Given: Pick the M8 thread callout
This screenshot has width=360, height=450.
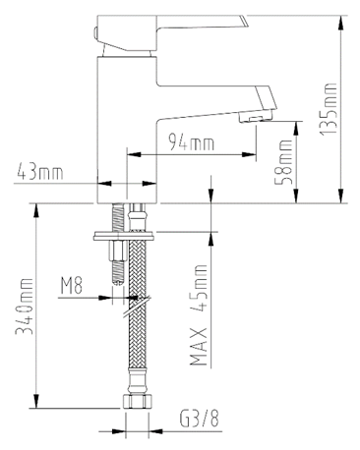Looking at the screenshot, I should [x=72, y=286].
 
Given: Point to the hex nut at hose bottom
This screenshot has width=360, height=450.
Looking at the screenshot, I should [x=136, y=403].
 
